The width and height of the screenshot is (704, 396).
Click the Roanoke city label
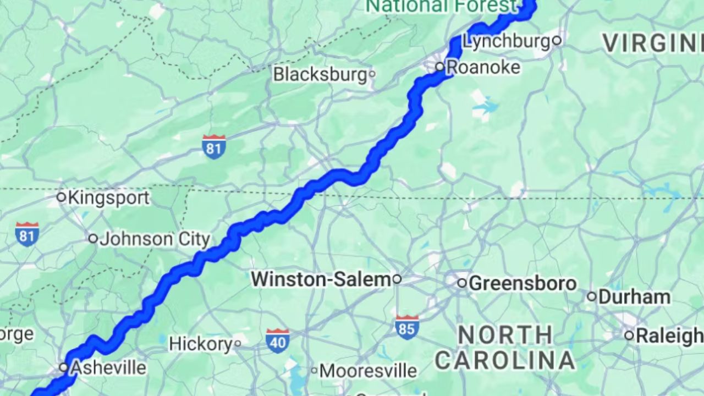click(483, 67)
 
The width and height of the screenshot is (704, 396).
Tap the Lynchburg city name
click(507, 41)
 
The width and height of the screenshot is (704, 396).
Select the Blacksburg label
click(320, 74)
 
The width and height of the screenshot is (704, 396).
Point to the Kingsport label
click(108, 197)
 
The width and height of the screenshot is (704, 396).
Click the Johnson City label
click(155, 239)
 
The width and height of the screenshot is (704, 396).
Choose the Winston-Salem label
click(321, 279)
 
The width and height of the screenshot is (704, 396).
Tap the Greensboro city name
click(522, 283)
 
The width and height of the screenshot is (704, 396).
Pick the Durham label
click(634, 297)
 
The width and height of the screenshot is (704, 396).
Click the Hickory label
click(201, 344)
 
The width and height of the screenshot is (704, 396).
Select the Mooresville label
click(368, 371)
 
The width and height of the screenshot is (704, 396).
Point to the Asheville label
click(108, 367)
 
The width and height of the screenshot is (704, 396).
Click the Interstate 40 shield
click(277, 340)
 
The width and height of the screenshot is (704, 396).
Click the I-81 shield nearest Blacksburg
click(213, 146)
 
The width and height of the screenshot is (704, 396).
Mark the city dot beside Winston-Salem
click(397, 279)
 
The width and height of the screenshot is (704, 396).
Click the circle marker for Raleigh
click(629, 335)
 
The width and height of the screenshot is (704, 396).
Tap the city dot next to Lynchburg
click(557, 40)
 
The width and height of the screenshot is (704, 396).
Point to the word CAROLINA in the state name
click(505, 360)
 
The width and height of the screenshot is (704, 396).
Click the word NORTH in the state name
click(505, 334)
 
